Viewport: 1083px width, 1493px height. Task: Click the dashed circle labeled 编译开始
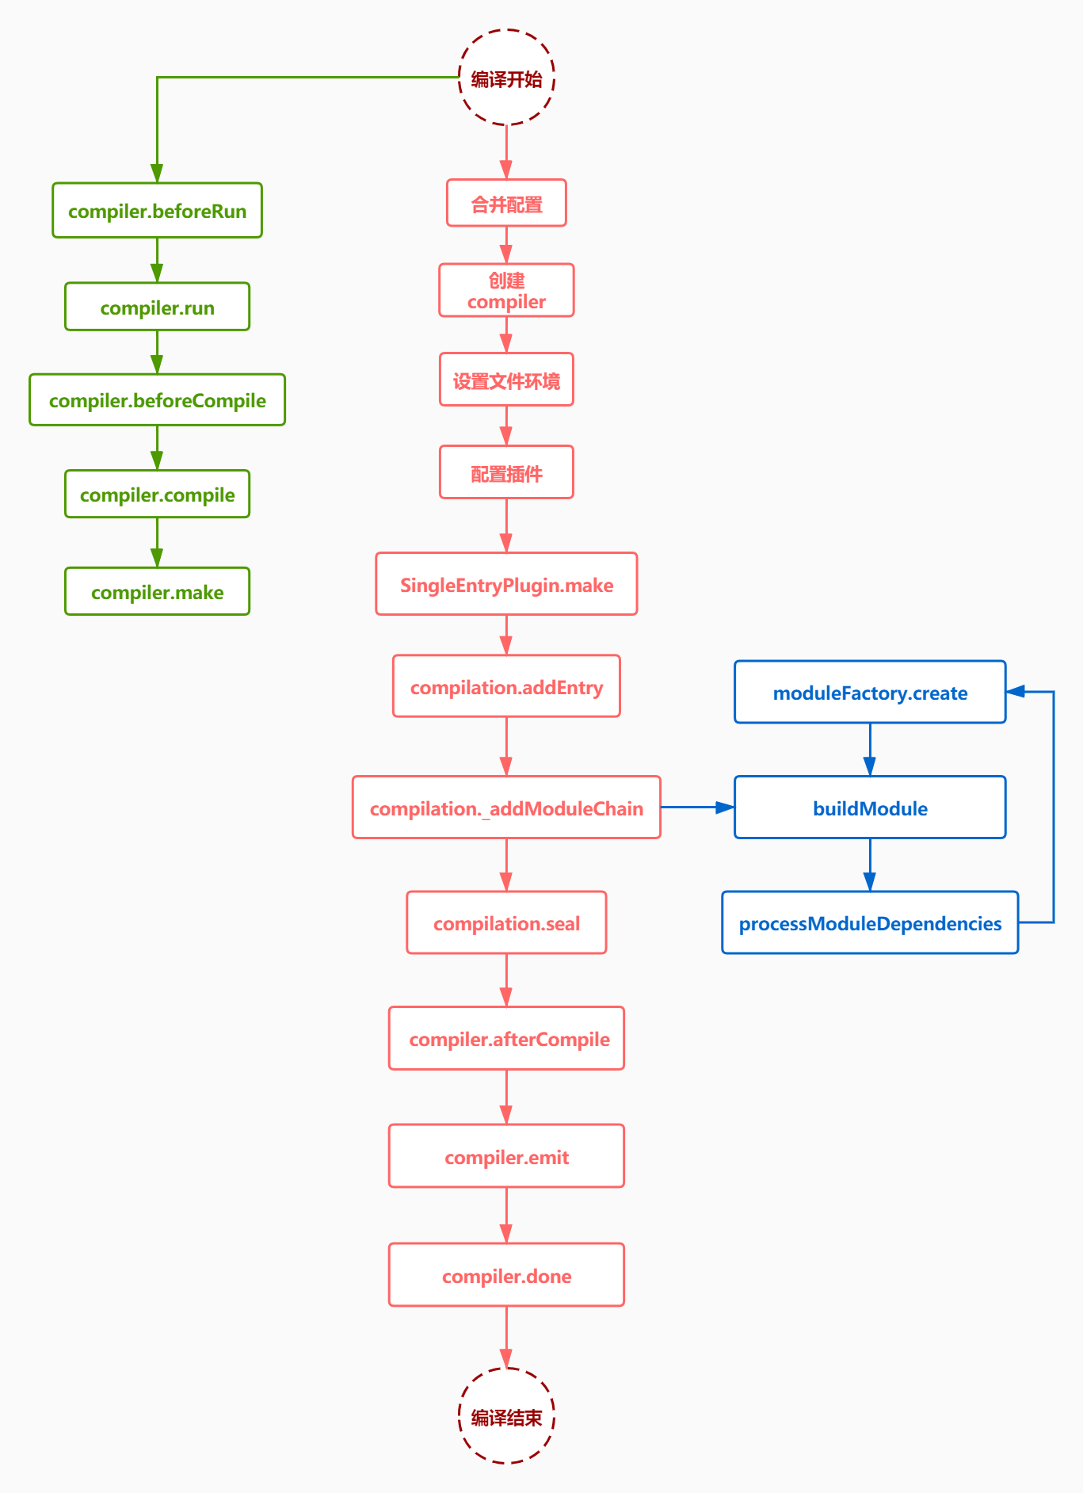[506, 78]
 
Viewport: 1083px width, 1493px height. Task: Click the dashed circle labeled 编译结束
[506, 1416]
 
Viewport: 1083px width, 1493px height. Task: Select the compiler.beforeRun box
[157, 211]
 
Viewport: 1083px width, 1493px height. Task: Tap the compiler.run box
[157, 307]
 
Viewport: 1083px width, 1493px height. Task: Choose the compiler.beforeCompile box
[157, 400]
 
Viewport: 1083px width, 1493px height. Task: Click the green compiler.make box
[157, 592]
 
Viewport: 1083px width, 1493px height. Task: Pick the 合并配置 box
[506, 204]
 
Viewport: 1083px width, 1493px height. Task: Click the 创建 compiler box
[506, 291]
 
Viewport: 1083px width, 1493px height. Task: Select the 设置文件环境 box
[506, 380]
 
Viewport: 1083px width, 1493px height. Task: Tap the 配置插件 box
[506, 473]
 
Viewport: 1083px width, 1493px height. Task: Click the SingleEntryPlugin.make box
[506, 585]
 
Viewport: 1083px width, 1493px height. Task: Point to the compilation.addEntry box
[506, 687]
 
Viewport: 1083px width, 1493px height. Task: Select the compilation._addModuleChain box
[506, 808]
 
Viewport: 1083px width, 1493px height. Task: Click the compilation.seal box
[506, 923]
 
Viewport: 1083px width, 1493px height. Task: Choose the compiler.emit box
[506, 1156]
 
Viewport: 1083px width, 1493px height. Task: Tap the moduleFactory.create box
[870, 693]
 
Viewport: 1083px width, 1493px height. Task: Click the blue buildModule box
[870, 808]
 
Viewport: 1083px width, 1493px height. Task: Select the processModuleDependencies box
[870, 923]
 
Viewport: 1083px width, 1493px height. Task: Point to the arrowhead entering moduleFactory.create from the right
[1016, 692]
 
